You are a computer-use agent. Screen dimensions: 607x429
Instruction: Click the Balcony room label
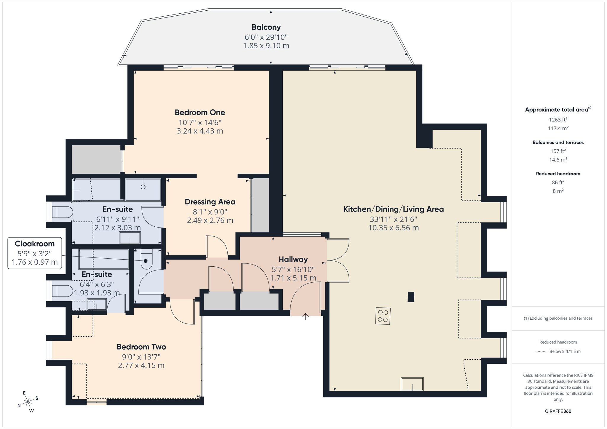tap(266, 27)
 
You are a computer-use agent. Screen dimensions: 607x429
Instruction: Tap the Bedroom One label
tap(200, 113)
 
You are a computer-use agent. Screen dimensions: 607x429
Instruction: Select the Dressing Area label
tap(210, 202)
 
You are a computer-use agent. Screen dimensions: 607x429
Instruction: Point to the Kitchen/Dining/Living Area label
tap(393, 209)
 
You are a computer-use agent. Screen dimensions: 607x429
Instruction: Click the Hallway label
tap(293, 260)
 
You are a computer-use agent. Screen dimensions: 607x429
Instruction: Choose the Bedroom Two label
tap(141, 347)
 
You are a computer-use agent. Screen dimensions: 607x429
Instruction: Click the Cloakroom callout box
tap(35, 253)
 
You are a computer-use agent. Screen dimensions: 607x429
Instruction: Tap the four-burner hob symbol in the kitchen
tap(383, 316)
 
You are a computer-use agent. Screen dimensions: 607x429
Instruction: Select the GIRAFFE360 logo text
tap(558, 411)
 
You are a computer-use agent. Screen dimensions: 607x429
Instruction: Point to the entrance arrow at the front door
tap(306, 316)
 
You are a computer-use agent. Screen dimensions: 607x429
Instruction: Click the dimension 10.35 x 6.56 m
tap(393, 228)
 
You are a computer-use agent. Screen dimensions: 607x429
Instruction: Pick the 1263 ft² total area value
tap(558, 120)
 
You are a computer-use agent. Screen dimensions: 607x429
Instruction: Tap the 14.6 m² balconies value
tap(558, 160)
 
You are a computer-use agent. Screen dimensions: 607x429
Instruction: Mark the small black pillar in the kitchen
tap(411, 297)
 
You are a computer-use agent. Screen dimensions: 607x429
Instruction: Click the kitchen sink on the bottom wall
tap(412, 384)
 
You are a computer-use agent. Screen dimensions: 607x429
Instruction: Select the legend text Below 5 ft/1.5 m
tap(565, 352)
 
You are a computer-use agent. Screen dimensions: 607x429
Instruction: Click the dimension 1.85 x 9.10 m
tap(266, 46)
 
